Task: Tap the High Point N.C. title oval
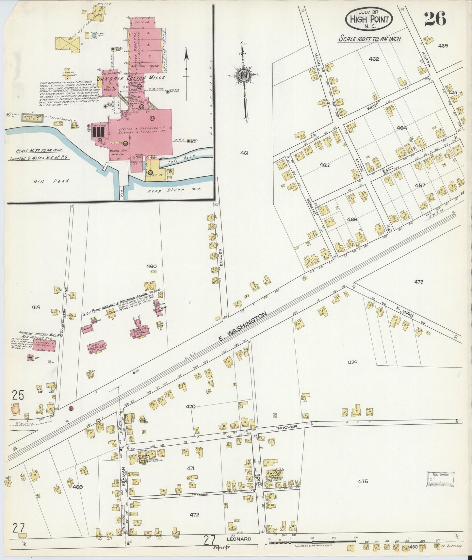click(x=369, y=19)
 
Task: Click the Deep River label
click(x=161, y=190)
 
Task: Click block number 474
click(x=352, y=362)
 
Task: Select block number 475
click(x=363, y=481)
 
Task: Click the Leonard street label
click(x=242, y=539)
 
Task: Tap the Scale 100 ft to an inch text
click(x=369, y=39)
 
